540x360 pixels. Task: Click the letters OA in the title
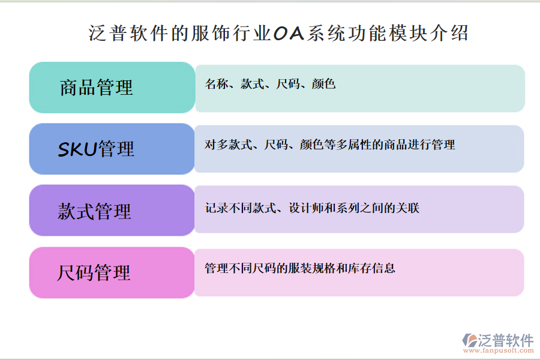point(289,33)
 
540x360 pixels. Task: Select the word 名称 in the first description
point(215,84)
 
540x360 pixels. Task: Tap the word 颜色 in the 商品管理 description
point(323,84)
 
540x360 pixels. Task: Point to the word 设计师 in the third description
point(306,208)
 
